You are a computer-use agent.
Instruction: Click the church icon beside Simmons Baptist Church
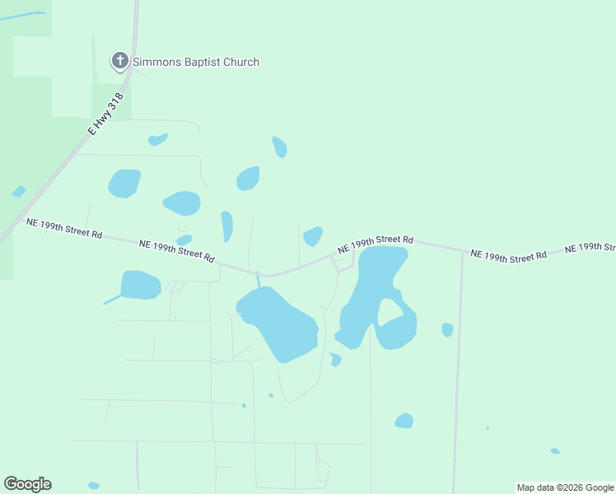coord(120,61)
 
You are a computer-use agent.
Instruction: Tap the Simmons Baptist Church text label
coord(196,62)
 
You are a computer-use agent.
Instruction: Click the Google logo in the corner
coord(27,484)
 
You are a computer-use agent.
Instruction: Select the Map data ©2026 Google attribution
coord(565,487)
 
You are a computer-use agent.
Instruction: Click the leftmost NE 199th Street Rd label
coord(64,228)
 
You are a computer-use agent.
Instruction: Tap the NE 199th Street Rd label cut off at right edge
coord(589,248)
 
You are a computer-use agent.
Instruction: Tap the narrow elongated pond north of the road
coord(226,226)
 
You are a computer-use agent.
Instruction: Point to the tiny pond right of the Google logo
coord(93,485)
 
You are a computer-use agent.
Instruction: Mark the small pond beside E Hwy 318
coord(18,192)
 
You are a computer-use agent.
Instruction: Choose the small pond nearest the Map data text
coord(555,451)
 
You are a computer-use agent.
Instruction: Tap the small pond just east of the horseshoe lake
coord(447,329)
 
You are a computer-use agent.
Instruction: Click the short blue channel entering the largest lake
coord(258,280)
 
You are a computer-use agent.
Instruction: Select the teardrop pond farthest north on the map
coord(279,147)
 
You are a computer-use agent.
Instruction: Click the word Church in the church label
coord(240,62)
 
